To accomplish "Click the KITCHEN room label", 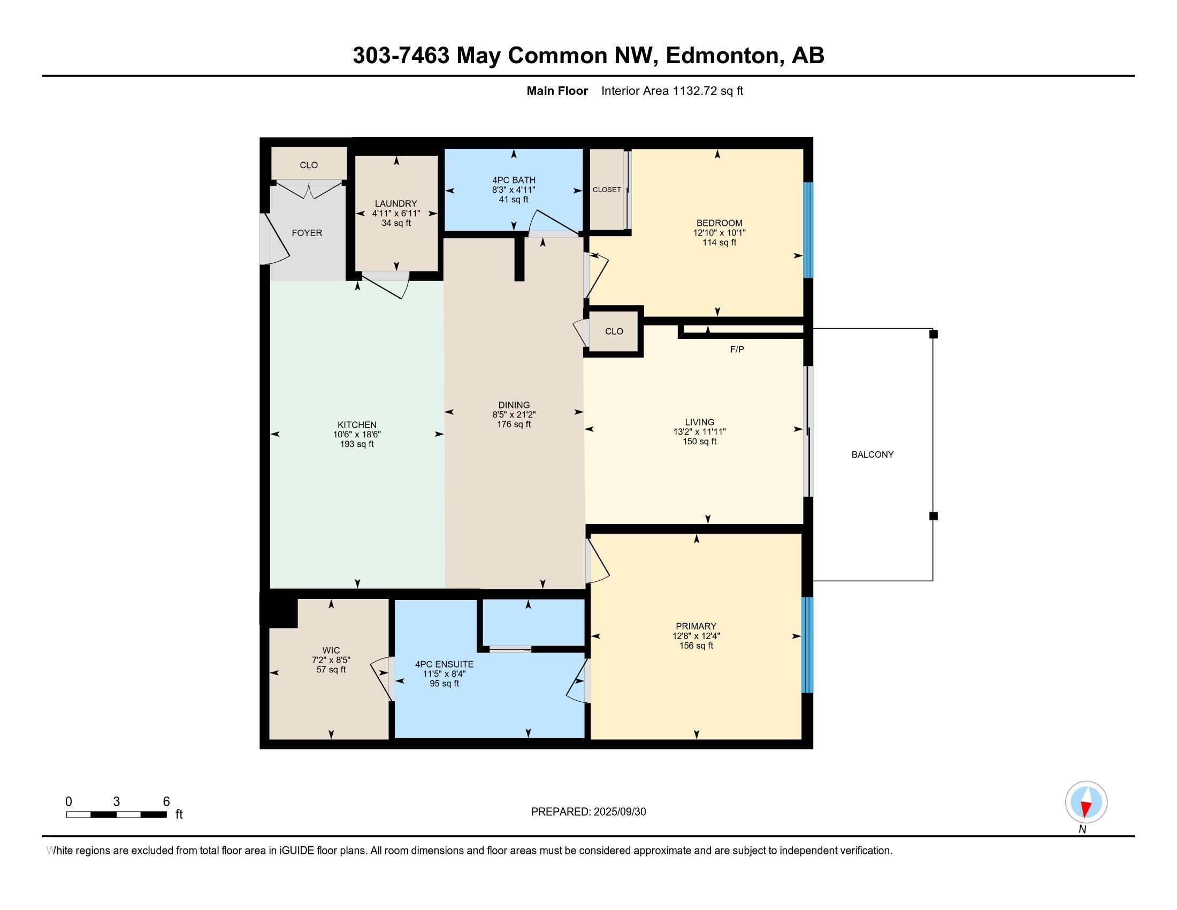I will click(357, 425).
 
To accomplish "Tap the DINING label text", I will click(514, 405).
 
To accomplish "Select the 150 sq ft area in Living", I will click(699, 442).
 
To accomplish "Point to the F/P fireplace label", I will click(737, 350).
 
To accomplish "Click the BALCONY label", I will click(872, 454).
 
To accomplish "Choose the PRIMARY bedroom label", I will click(695, 626).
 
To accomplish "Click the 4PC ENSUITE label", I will click(444, 664).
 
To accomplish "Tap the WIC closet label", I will click(331, 650).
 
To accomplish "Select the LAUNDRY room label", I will click(395, 203).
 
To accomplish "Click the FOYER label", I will click(307, 233).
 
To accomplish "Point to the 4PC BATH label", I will click(513, 180).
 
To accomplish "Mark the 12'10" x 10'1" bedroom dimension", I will click(719, 233).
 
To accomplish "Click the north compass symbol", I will click(1086, 802).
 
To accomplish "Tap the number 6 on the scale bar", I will click(166, 801).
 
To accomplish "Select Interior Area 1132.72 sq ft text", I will click(671, 91).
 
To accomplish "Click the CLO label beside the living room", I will click(613, 331).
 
